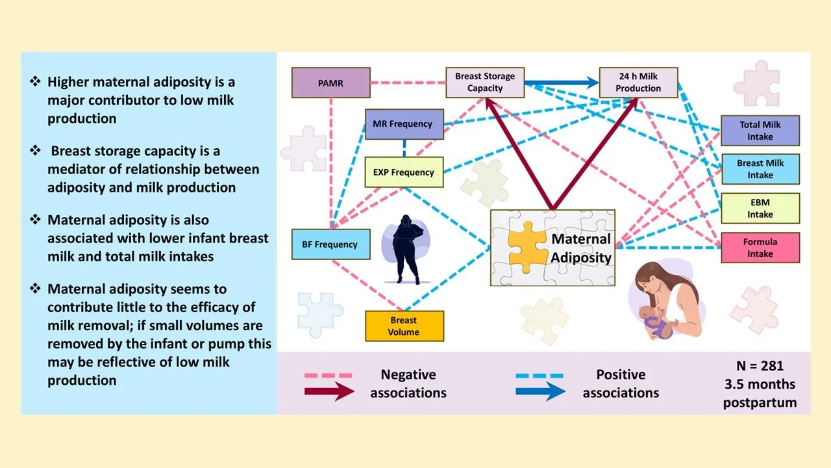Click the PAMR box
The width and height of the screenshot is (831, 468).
[331, 83]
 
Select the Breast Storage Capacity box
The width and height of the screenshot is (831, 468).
[484, 83]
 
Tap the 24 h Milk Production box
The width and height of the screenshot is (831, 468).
[638, 83]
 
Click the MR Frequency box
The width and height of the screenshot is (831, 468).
[404, 123]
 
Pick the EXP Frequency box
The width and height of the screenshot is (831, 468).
[404, 172]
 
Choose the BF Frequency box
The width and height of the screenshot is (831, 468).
[331, 244]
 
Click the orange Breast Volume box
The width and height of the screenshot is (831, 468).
[404, 326]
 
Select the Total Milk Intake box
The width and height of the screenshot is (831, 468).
[760, 131]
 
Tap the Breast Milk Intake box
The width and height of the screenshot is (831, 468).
[760, 169]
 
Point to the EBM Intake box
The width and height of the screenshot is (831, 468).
[760, 208]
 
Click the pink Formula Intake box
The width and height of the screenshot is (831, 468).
[760, 247]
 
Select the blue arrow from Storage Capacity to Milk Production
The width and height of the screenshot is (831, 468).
[562, 83]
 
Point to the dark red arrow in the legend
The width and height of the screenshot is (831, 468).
[329, 391]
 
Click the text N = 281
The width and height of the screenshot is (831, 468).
[760, 365]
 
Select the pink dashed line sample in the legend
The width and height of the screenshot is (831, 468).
[329, 375]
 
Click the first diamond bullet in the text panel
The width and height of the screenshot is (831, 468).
[36, 82]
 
